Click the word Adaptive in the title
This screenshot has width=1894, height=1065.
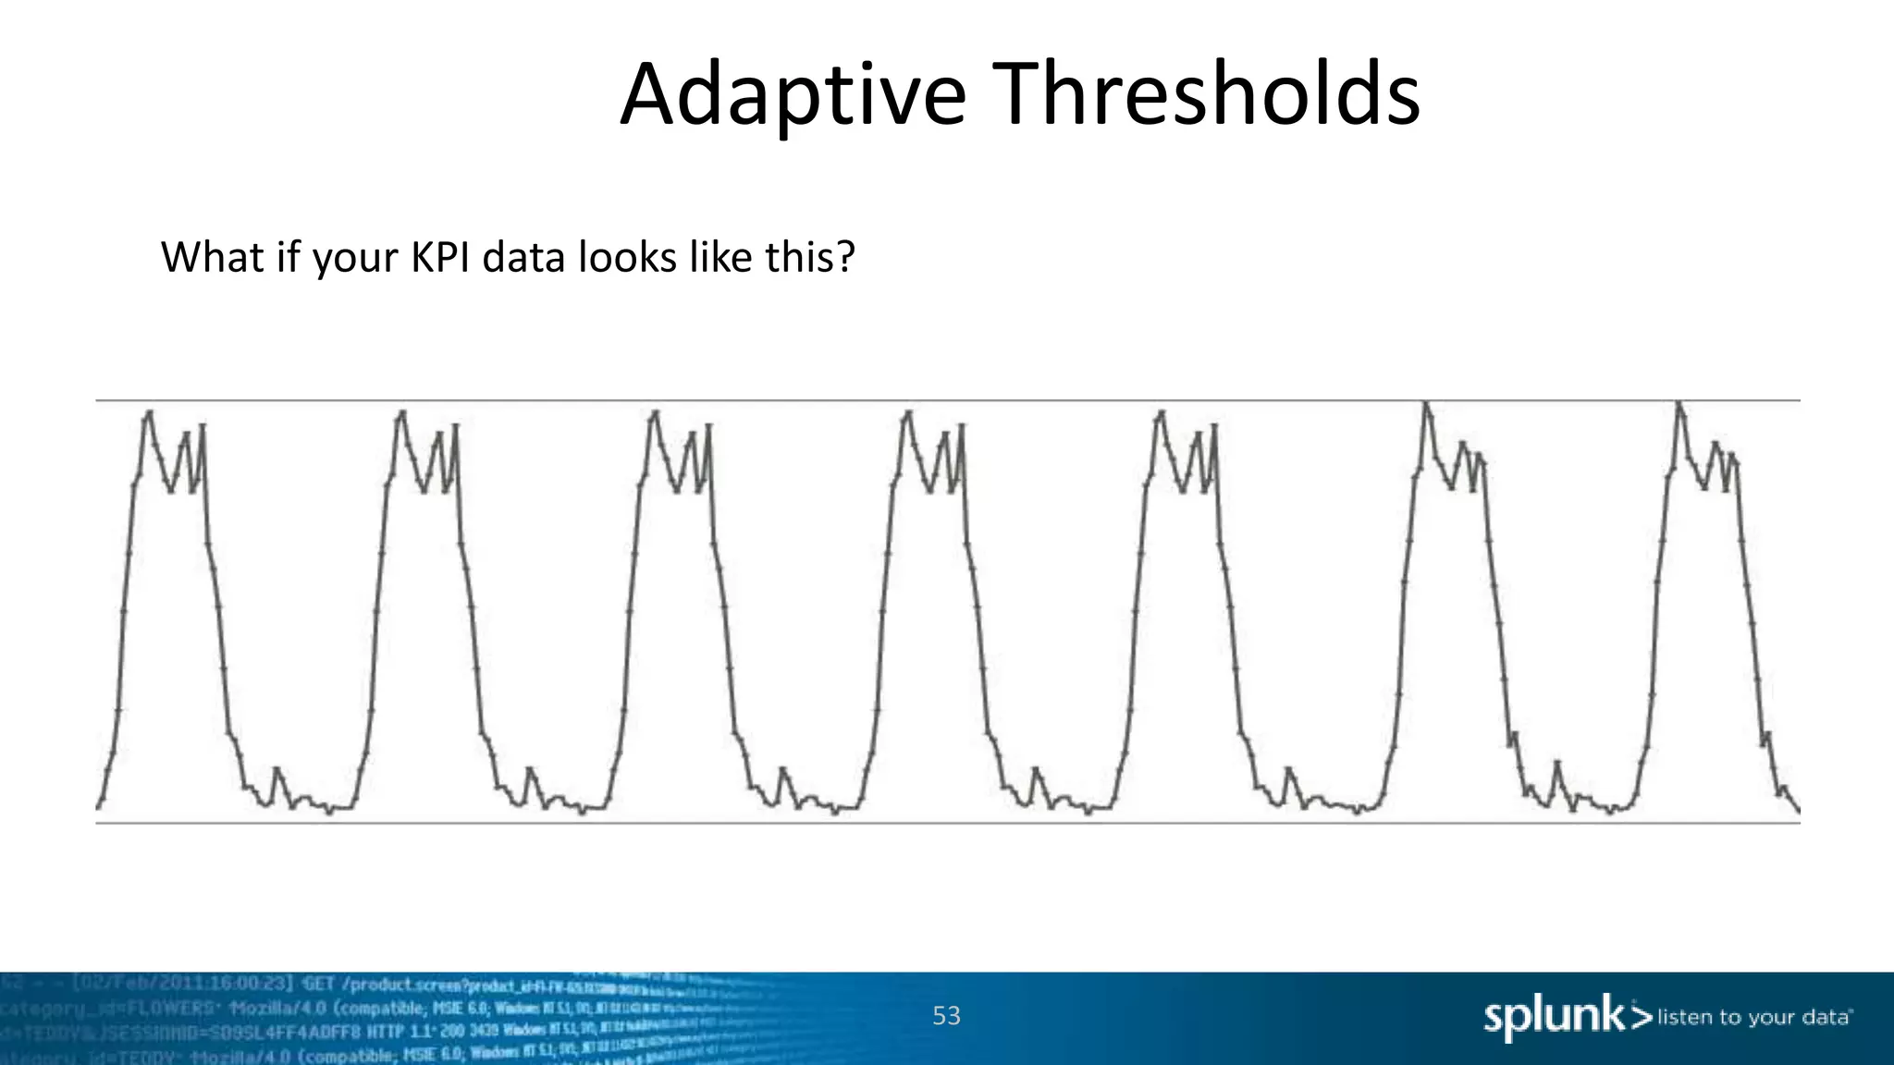[x=793, y=95]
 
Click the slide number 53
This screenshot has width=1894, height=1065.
[x=946, y=1015]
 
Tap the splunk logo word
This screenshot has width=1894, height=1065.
[x=1554, y=1016]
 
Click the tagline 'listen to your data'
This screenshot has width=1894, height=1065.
[x=1753, y=1017]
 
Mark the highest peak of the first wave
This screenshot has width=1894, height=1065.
[x=149, y=413]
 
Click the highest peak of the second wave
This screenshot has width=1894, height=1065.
[x=402, y=413]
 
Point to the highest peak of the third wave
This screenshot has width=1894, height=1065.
[x=655, y=413]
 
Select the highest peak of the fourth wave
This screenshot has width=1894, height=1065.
[x=908, y=413]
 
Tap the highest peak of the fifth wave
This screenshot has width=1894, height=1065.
[x=1161, y=413]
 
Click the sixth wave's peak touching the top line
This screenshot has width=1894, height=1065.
[x=1425, y=403]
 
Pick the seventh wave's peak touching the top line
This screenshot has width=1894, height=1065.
[x=1679, y=403]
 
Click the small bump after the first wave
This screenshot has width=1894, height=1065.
[x=277, y=769]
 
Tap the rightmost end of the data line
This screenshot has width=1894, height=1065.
[x=1799, y=811]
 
